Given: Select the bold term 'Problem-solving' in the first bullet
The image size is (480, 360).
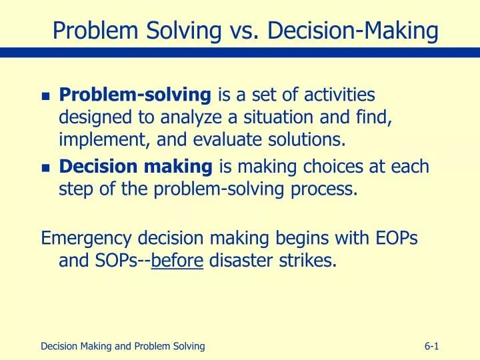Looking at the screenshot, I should tap(135, 96).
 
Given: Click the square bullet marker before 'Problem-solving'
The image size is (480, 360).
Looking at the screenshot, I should tap(45, 97).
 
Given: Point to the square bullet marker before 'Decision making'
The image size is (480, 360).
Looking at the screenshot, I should tap(45, 168).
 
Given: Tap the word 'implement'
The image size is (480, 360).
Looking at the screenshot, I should tap(99, 140).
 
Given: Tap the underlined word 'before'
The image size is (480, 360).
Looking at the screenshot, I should tap(177, 260).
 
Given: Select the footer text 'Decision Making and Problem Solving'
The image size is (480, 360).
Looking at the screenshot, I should tap(123, 345).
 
